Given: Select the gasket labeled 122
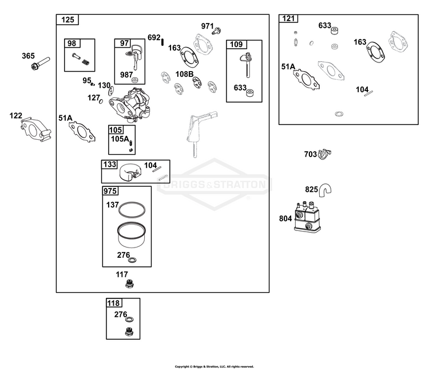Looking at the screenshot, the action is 35,129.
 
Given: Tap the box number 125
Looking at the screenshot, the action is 67,19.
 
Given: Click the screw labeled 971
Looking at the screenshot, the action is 216,31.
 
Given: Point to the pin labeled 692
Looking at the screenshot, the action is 162,42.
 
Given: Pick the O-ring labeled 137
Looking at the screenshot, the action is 132,209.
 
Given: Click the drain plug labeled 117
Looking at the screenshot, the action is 129,284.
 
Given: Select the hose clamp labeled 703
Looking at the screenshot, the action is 324,154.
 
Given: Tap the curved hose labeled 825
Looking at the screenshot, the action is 325,190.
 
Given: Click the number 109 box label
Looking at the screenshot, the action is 236,45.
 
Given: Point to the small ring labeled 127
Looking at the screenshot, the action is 101,101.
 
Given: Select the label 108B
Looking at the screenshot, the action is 184,74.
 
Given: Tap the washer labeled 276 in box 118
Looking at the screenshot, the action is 129,319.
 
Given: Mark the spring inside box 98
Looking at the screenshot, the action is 86,62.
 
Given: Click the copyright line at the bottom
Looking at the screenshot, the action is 214,367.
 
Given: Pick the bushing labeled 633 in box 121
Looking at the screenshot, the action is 335,31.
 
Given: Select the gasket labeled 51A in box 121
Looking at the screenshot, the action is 306,80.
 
